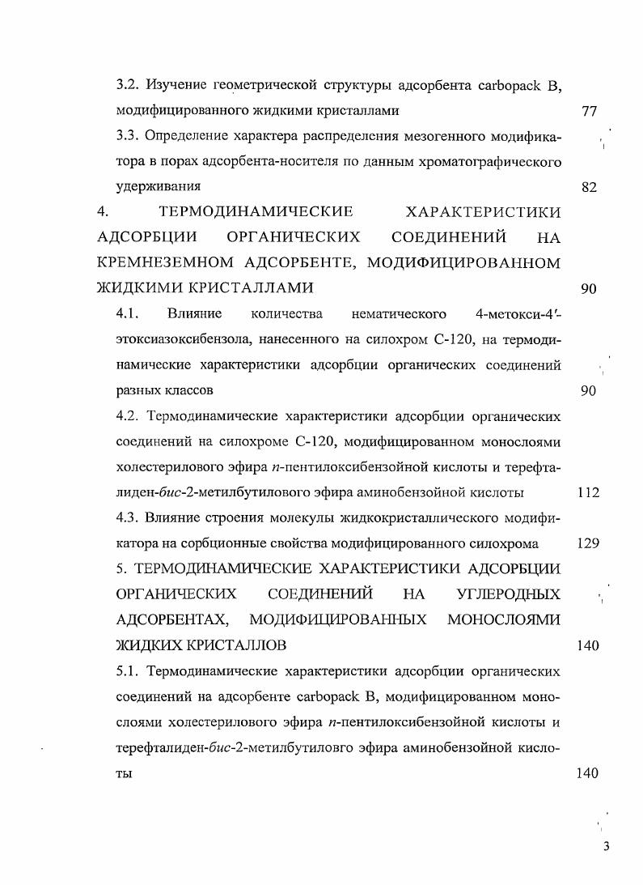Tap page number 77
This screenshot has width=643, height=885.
[589, 110]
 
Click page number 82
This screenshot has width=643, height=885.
[589, 188]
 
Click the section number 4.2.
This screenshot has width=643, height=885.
[129, 416]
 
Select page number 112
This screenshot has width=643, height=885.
[588, 492]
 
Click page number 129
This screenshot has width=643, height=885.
[588, 543]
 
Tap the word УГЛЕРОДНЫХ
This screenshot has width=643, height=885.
[508, 595]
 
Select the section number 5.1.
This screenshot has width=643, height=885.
[129, 671]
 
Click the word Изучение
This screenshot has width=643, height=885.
[178, 84]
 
